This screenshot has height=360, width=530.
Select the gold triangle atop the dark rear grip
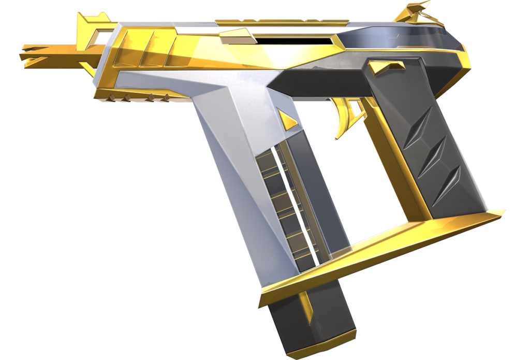[387, 66]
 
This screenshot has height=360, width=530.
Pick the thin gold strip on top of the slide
[282, 22]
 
